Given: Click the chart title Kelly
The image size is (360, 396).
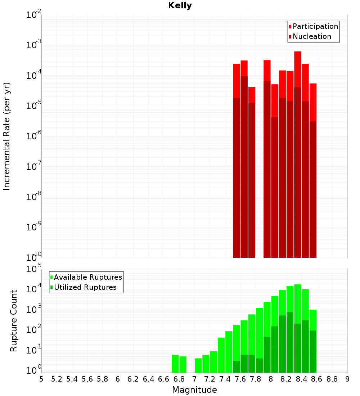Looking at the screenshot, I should click(x=180, y=6).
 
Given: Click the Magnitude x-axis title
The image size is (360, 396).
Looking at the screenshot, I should click(x=194, y=390).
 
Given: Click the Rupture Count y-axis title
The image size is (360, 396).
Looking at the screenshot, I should click(x=13, y=321).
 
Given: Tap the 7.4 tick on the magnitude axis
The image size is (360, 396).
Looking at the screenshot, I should click(x=225, y=379).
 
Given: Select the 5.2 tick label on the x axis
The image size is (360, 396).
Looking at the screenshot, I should click(x=57, y=379).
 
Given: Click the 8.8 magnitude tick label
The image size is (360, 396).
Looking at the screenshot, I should click(x=332, y=379).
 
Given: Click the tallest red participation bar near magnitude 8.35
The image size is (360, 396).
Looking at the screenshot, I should click(x=298, y=68).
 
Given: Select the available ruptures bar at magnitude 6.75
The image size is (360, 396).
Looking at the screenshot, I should click(x=175, y=364).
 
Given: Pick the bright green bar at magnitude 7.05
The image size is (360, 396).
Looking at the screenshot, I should click(x=198, y=365).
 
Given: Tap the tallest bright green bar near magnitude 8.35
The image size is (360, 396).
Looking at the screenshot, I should click(x=298, y=302).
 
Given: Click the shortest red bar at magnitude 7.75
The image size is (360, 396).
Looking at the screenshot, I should click(x=252, y=94).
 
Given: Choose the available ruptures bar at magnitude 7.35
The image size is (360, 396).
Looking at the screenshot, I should click(x=221, y=355).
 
